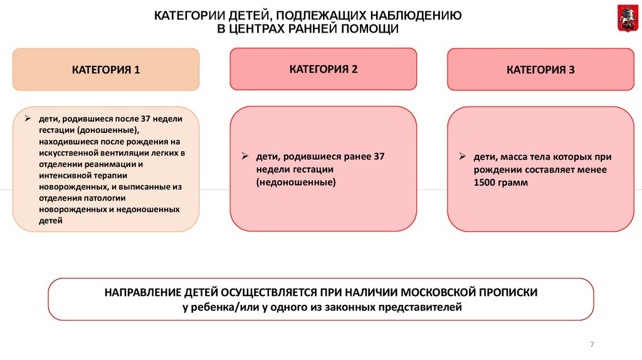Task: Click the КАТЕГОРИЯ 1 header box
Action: pyautogui.click(x=106, y=70)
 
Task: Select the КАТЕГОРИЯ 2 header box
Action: pyautogui.click(x=323, y=69)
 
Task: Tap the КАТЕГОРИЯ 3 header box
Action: pyautogui.click(x=540, y=70)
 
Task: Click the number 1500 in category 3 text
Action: pyautogui.click(x=487, y=183)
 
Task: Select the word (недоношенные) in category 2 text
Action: pyautogui.click(x=296, y=182)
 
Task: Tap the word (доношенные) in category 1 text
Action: pyautogui.click(x=108, y=130)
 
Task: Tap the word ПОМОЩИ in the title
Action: pyautogui.click(x=370, y=29)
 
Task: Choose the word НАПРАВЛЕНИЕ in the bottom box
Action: pyautogui.click(x=144, y=293)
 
